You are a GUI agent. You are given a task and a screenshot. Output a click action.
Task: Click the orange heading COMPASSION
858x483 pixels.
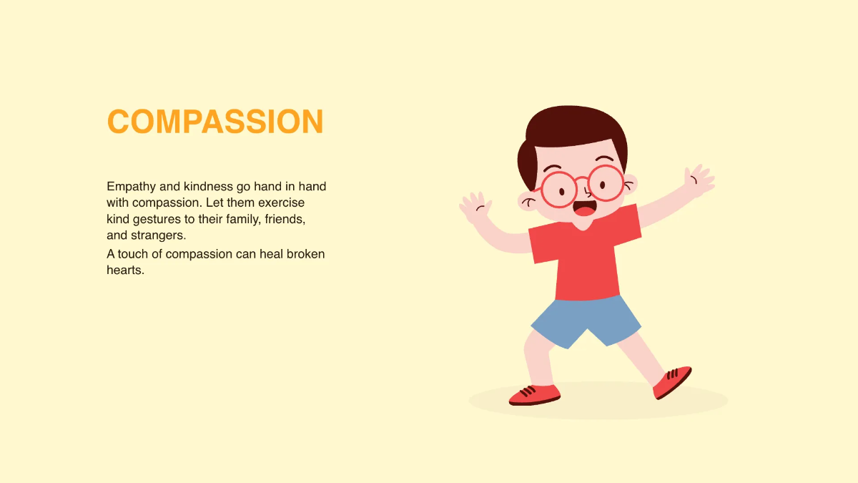(x=215, y=122)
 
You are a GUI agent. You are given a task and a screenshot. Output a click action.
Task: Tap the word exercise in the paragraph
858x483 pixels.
(x=281, y=203)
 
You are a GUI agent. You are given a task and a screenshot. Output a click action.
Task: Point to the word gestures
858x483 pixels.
(x=164, y=219)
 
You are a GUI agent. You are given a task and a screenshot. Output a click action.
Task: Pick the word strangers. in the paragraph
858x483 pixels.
(x=158, y=235)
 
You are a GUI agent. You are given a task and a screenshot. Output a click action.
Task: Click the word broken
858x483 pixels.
(x=306, y=254)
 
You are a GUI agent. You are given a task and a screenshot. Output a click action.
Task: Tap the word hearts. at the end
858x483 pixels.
(x=126, y=270)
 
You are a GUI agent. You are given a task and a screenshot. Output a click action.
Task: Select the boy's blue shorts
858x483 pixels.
(x=586, y=318)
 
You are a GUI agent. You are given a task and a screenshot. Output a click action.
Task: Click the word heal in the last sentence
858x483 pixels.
(x=271, y=254)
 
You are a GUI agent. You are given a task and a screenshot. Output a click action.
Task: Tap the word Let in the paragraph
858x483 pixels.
(x=214, y=203)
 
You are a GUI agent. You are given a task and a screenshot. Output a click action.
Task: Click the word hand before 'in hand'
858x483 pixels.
(x=262, y=187)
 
